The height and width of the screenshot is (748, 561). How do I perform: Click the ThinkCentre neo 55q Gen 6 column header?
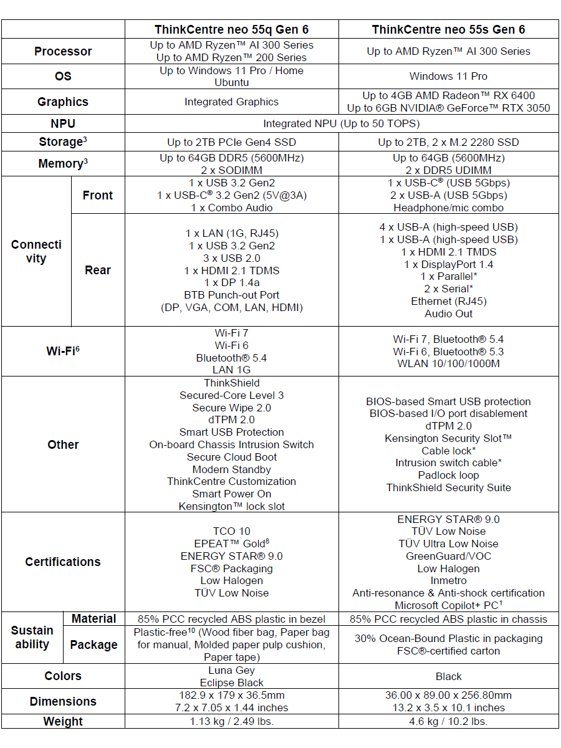pyautogui.click(x=231, y=29)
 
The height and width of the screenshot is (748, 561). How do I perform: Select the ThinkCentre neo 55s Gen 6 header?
pyautogui.click(x=448, y=29)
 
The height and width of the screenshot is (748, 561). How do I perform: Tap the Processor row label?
pyautogui.click(x=63, y=51)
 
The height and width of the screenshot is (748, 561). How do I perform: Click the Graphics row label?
pyautogui.click(x=63, y=102)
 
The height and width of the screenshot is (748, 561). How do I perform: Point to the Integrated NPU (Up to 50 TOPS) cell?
pyautogui.click(x=341, y=123)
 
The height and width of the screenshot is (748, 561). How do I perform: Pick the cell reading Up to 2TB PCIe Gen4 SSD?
pyautogui.click(x=231, y=142)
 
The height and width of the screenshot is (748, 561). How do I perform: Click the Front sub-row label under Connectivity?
pyautogui.click(x=98, y=195)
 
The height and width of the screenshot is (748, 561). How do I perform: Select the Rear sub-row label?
pyautogui.click(x=98, y=270)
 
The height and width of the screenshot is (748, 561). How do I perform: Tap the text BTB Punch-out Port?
pyautogui.click(x=231, y=295)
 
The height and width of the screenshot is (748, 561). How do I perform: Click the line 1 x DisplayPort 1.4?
pyautogui.click(x=448, y=264)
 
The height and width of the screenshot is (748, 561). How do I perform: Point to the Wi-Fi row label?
pyautogui.click(x=63, y=351)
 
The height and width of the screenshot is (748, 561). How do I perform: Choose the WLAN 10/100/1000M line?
pyautogui.click(x=448, y=363)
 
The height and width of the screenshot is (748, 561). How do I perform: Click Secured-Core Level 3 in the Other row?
pyautogui.click(x=231, y=395)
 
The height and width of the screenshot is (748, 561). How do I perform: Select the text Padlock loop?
pyautogui.click(x=448, y=475)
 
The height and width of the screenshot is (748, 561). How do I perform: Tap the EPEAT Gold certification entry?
pyautogui.click(x=231, y=544)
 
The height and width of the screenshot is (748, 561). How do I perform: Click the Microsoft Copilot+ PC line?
pyautogui.click(x=448, y=605)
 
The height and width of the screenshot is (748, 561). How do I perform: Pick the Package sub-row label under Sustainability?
pyautogui.click(x=93, y=645)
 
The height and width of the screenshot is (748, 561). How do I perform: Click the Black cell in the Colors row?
pyautogui.click(x=448, y=676)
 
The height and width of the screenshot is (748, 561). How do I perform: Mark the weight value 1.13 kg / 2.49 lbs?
pyautogui.click(x=231, y=721)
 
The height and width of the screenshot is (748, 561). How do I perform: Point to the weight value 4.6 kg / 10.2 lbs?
pyautogui.click(x=448, y=721)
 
